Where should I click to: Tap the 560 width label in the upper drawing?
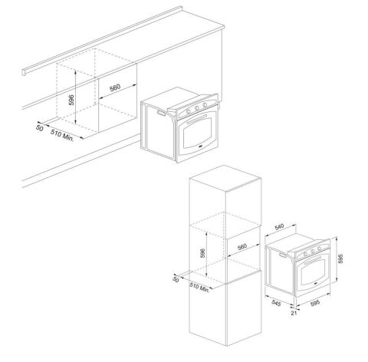click(115, 88)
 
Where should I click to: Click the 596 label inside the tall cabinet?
click(203, 252)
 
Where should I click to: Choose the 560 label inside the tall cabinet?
click(240, 247)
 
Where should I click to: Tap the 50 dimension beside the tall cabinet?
click(176, 281)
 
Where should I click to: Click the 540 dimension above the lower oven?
click(281, 227)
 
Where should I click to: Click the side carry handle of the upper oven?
click(159, 114)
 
